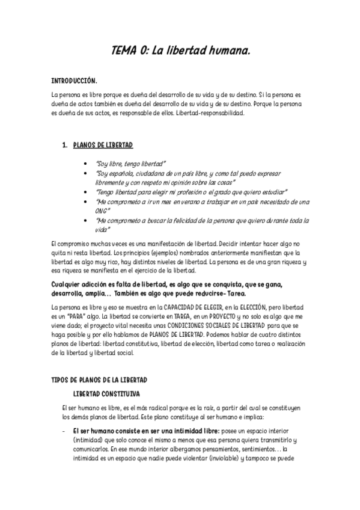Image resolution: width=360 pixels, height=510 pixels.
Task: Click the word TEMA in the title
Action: click(124, 52)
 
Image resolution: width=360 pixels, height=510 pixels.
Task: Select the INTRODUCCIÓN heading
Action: click(74, 80)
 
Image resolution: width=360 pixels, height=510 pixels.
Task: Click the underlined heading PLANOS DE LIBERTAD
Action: click(103, 146)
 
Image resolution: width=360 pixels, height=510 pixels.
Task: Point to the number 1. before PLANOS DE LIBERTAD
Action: click(64, 146)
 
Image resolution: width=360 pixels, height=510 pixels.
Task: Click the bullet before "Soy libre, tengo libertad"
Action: click(90, 164)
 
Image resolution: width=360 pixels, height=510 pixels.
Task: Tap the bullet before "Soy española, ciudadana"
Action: click(90, 173)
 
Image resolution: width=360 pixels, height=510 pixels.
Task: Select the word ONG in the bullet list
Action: click(102, 211)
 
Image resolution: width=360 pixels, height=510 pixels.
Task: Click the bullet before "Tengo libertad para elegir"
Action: click(90, 192)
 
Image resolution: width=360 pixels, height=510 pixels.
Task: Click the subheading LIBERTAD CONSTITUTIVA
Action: click(106, 394)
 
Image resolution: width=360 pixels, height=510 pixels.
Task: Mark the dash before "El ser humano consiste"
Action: click(63, 431)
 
